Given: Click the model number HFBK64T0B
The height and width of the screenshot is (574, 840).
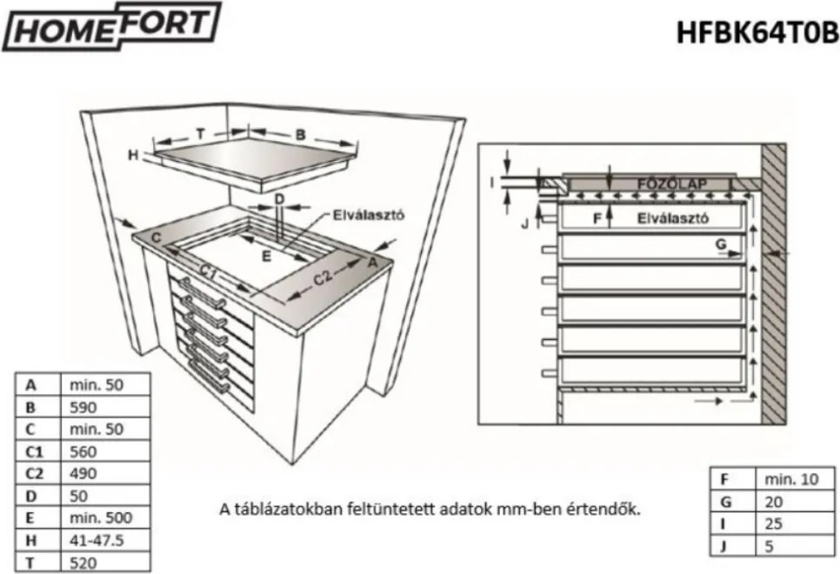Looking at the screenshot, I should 757,32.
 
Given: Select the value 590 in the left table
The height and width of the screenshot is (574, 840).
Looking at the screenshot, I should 73,406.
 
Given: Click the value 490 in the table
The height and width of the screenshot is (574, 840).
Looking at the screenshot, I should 73,474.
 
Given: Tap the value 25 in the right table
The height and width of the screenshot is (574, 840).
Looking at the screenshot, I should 773,524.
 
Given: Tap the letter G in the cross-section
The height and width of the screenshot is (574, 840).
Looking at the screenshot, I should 721,245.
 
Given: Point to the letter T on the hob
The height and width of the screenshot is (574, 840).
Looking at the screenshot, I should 201,133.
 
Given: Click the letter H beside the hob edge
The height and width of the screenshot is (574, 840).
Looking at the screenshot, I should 133,155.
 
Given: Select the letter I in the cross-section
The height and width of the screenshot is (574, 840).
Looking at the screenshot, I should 492,183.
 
